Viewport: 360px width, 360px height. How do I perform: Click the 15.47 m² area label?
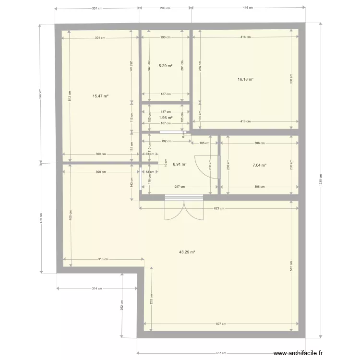100,96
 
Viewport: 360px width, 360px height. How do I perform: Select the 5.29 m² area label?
165,66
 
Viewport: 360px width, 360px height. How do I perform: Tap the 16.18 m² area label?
246,80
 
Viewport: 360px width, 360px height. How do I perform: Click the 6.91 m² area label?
179,164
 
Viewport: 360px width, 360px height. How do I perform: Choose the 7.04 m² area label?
259,165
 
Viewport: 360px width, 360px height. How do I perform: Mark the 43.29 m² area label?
186,252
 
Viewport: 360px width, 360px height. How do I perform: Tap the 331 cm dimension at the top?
97,8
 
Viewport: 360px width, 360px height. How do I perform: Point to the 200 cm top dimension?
165,8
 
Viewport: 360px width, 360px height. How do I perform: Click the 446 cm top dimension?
248,8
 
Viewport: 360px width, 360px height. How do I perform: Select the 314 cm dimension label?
97,288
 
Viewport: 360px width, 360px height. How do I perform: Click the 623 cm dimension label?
218,208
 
